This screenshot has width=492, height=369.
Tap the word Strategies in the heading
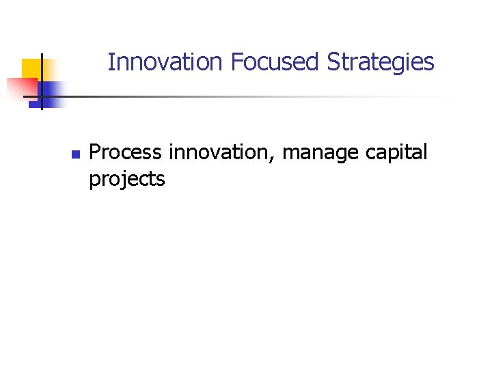click(x=381, y=62)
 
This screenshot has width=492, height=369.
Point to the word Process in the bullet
click(x=126, y=152)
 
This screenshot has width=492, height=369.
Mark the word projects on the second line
click(x=127, y=180)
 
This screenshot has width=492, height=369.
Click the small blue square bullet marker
click(x=75, y=154)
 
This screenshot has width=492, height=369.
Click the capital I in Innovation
click(x=111, y=62)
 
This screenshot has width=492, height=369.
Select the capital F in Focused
click(x=236, y=62)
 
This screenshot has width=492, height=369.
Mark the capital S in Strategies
click(x=333, y=62)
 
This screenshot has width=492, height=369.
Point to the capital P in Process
click(x=95, y=152)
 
